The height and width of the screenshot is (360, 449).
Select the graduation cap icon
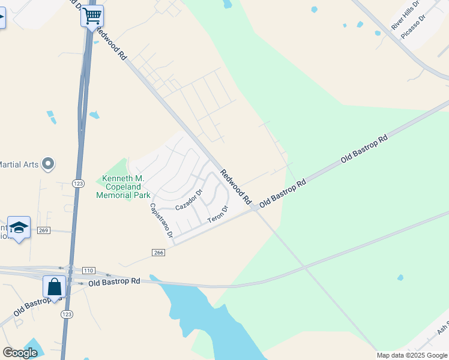(x=19, y=227)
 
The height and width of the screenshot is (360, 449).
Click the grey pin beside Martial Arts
(x=49, y=163)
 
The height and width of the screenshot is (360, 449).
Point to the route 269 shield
(x=43, y=230)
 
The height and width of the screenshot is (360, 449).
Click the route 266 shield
(x=158, y=253)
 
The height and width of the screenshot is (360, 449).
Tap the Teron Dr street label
(x=218, y=215)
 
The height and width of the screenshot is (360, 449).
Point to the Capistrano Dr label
(x=161, y=220)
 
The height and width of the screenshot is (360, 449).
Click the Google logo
(x=20, y=353)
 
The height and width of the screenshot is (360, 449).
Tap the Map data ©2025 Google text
(x=412, y=355)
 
